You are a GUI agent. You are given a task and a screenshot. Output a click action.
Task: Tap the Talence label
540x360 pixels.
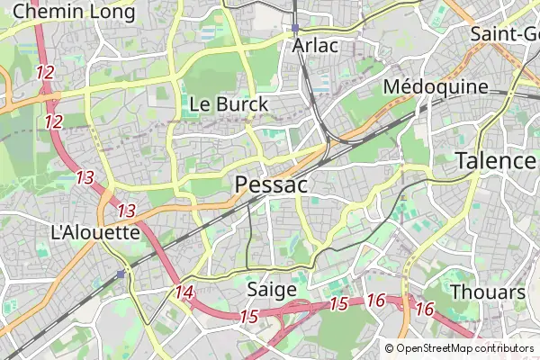[496, 161]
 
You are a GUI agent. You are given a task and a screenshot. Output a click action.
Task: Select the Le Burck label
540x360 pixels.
[229, 104]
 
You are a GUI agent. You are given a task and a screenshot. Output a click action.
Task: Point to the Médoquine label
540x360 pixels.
[436, 87]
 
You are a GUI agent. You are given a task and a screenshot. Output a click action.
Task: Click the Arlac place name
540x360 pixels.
[315, 45]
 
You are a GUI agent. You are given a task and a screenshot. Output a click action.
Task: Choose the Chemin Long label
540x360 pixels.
[74, 12]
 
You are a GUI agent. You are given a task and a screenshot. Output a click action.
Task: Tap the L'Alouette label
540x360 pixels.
[95, 231]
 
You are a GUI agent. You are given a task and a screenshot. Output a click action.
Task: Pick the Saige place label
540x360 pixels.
[271, 290]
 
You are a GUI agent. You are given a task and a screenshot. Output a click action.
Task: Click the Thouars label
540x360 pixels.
[487, 292]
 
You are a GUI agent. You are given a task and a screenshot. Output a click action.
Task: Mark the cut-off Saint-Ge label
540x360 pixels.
[504, 34]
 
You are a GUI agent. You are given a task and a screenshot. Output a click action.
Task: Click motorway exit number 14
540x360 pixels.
[184, 292]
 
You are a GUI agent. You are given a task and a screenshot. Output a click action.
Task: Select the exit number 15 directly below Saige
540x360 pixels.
[249, 316]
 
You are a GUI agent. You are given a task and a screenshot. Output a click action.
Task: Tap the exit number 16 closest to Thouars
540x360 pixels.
[425, 309]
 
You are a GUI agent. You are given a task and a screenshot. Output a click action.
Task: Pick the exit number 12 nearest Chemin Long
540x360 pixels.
[45, 72]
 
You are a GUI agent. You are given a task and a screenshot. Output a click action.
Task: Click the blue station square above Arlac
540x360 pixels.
[295, 28]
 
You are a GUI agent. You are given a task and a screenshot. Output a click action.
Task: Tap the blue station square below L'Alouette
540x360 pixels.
[121, 274]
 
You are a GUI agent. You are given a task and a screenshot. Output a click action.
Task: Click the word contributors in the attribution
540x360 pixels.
[504, 348]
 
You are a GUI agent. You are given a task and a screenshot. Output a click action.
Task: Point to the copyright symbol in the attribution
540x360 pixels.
[389, 348]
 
